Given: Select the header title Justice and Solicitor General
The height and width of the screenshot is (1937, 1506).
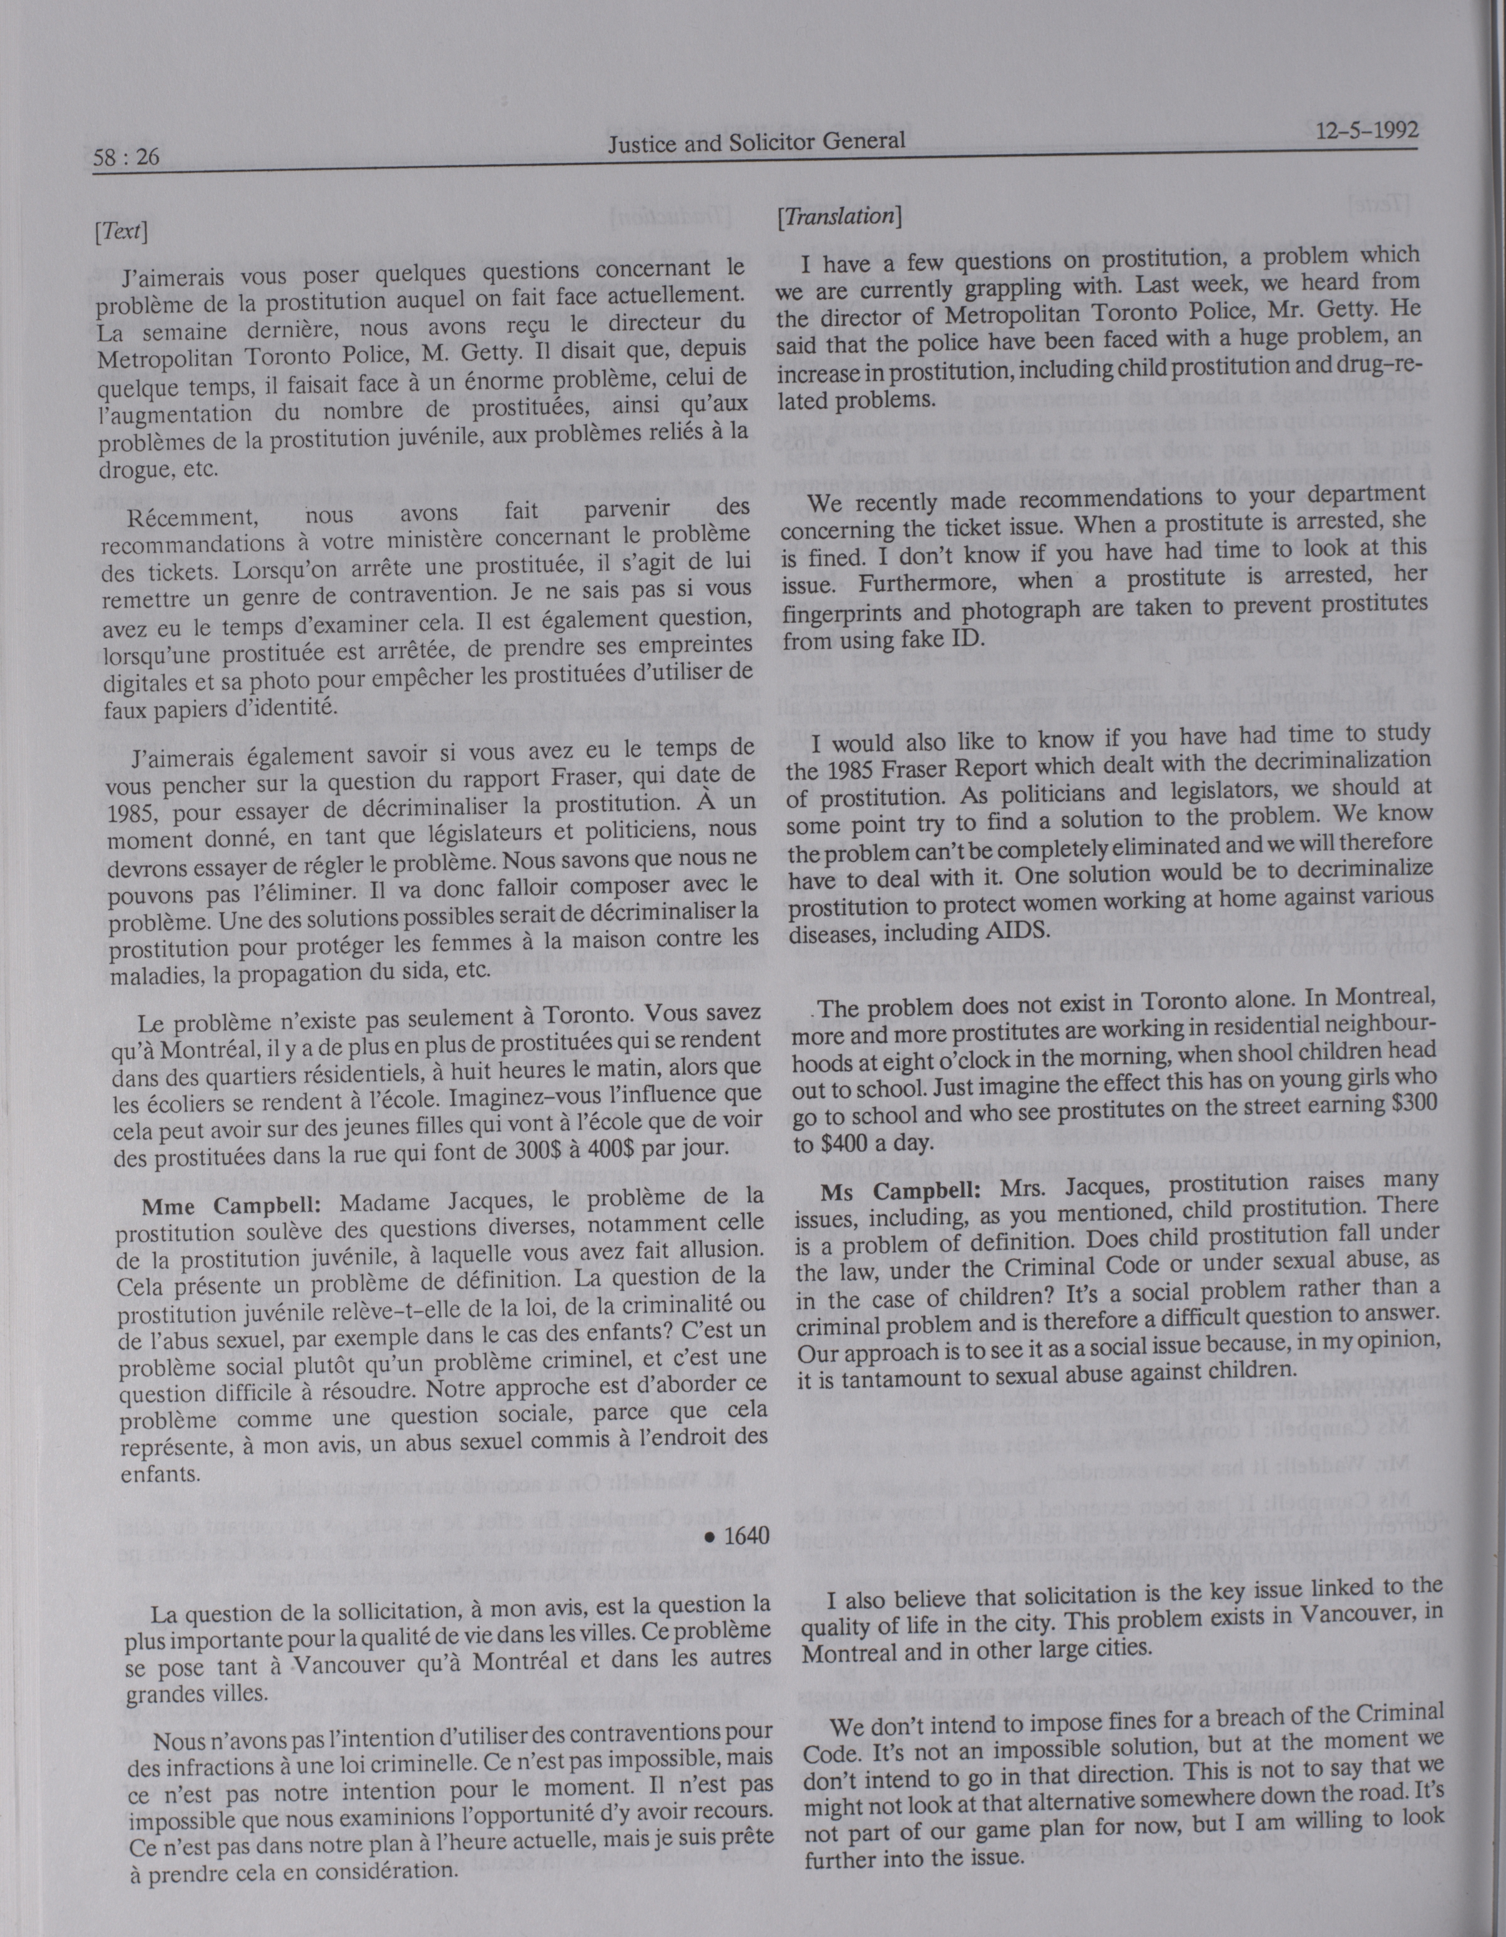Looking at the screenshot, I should tap(756, 141).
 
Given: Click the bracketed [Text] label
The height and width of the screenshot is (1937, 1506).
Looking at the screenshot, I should tap(119, 232).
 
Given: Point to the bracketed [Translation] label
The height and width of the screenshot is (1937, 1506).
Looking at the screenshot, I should tap(838, 215).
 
